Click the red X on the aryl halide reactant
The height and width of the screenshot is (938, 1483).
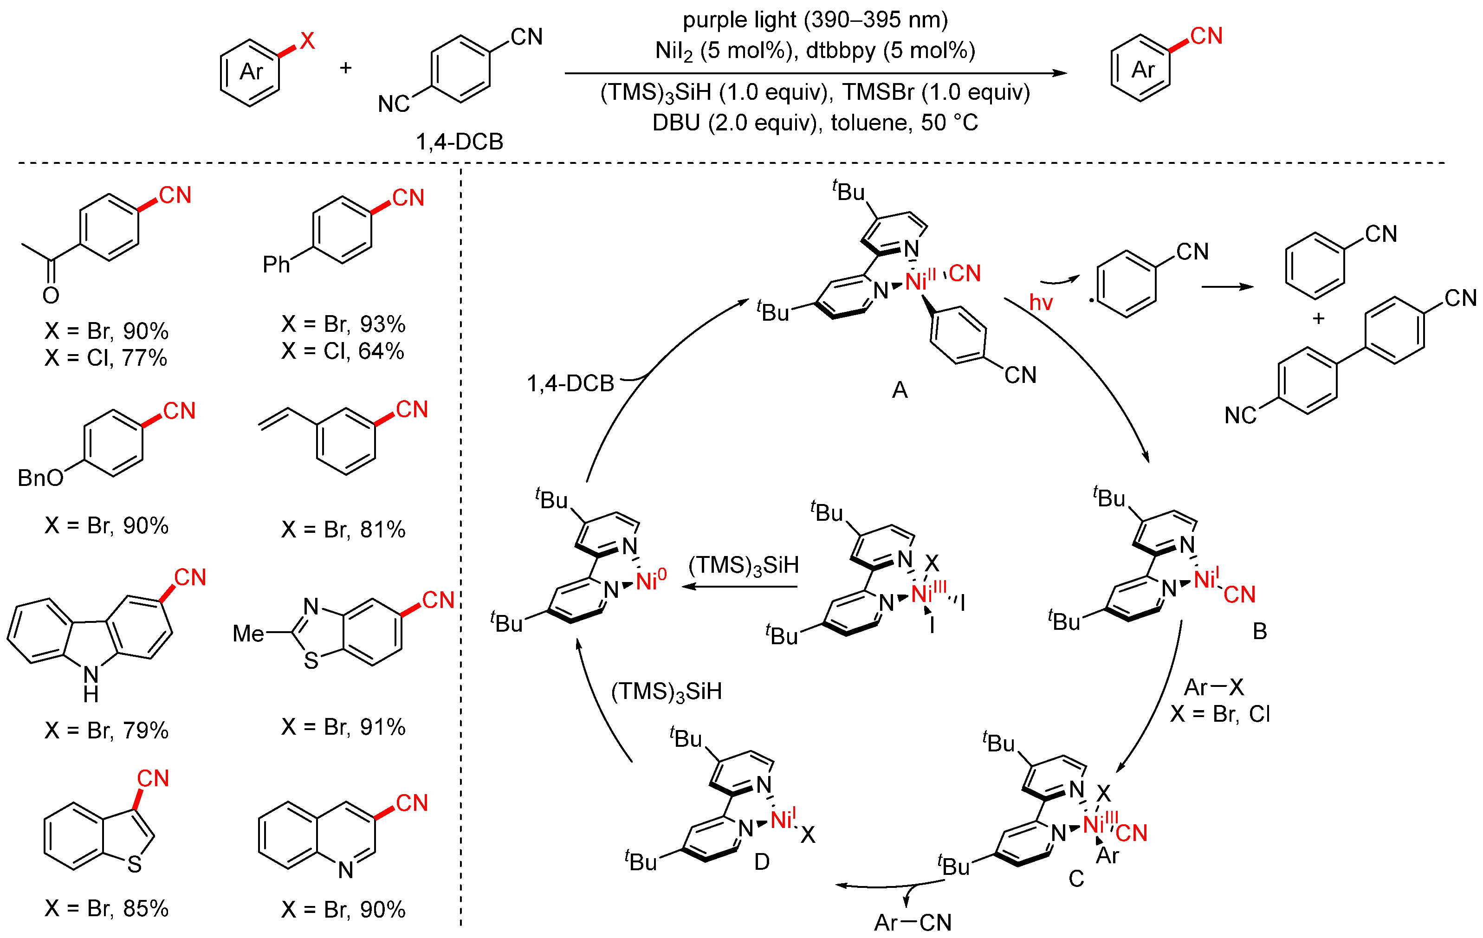[x=307, y=41]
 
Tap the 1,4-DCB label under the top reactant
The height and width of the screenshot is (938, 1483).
[x=460, y=142]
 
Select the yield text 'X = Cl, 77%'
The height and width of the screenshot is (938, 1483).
[x=106, y=358]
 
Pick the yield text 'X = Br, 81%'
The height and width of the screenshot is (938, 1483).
[x=343, y=529]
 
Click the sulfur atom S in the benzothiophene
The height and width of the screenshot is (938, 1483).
[x=134, y=865]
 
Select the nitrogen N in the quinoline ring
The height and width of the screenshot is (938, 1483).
[x=345, y=870]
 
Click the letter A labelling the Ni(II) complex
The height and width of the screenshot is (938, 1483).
[x=899, y=390]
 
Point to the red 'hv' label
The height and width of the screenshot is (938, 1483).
[x=1041, y=303]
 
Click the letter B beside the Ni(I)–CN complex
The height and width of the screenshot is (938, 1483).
[x=1259, y=631]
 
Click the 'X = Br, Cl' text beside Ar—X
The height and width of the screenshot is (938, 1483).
[x=1219, y=714]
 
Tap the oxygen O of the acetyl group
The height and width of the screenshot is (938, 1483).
[x=51, y=296]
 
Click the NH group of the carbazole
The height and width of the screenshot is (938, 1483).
[x=91, y=684]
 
